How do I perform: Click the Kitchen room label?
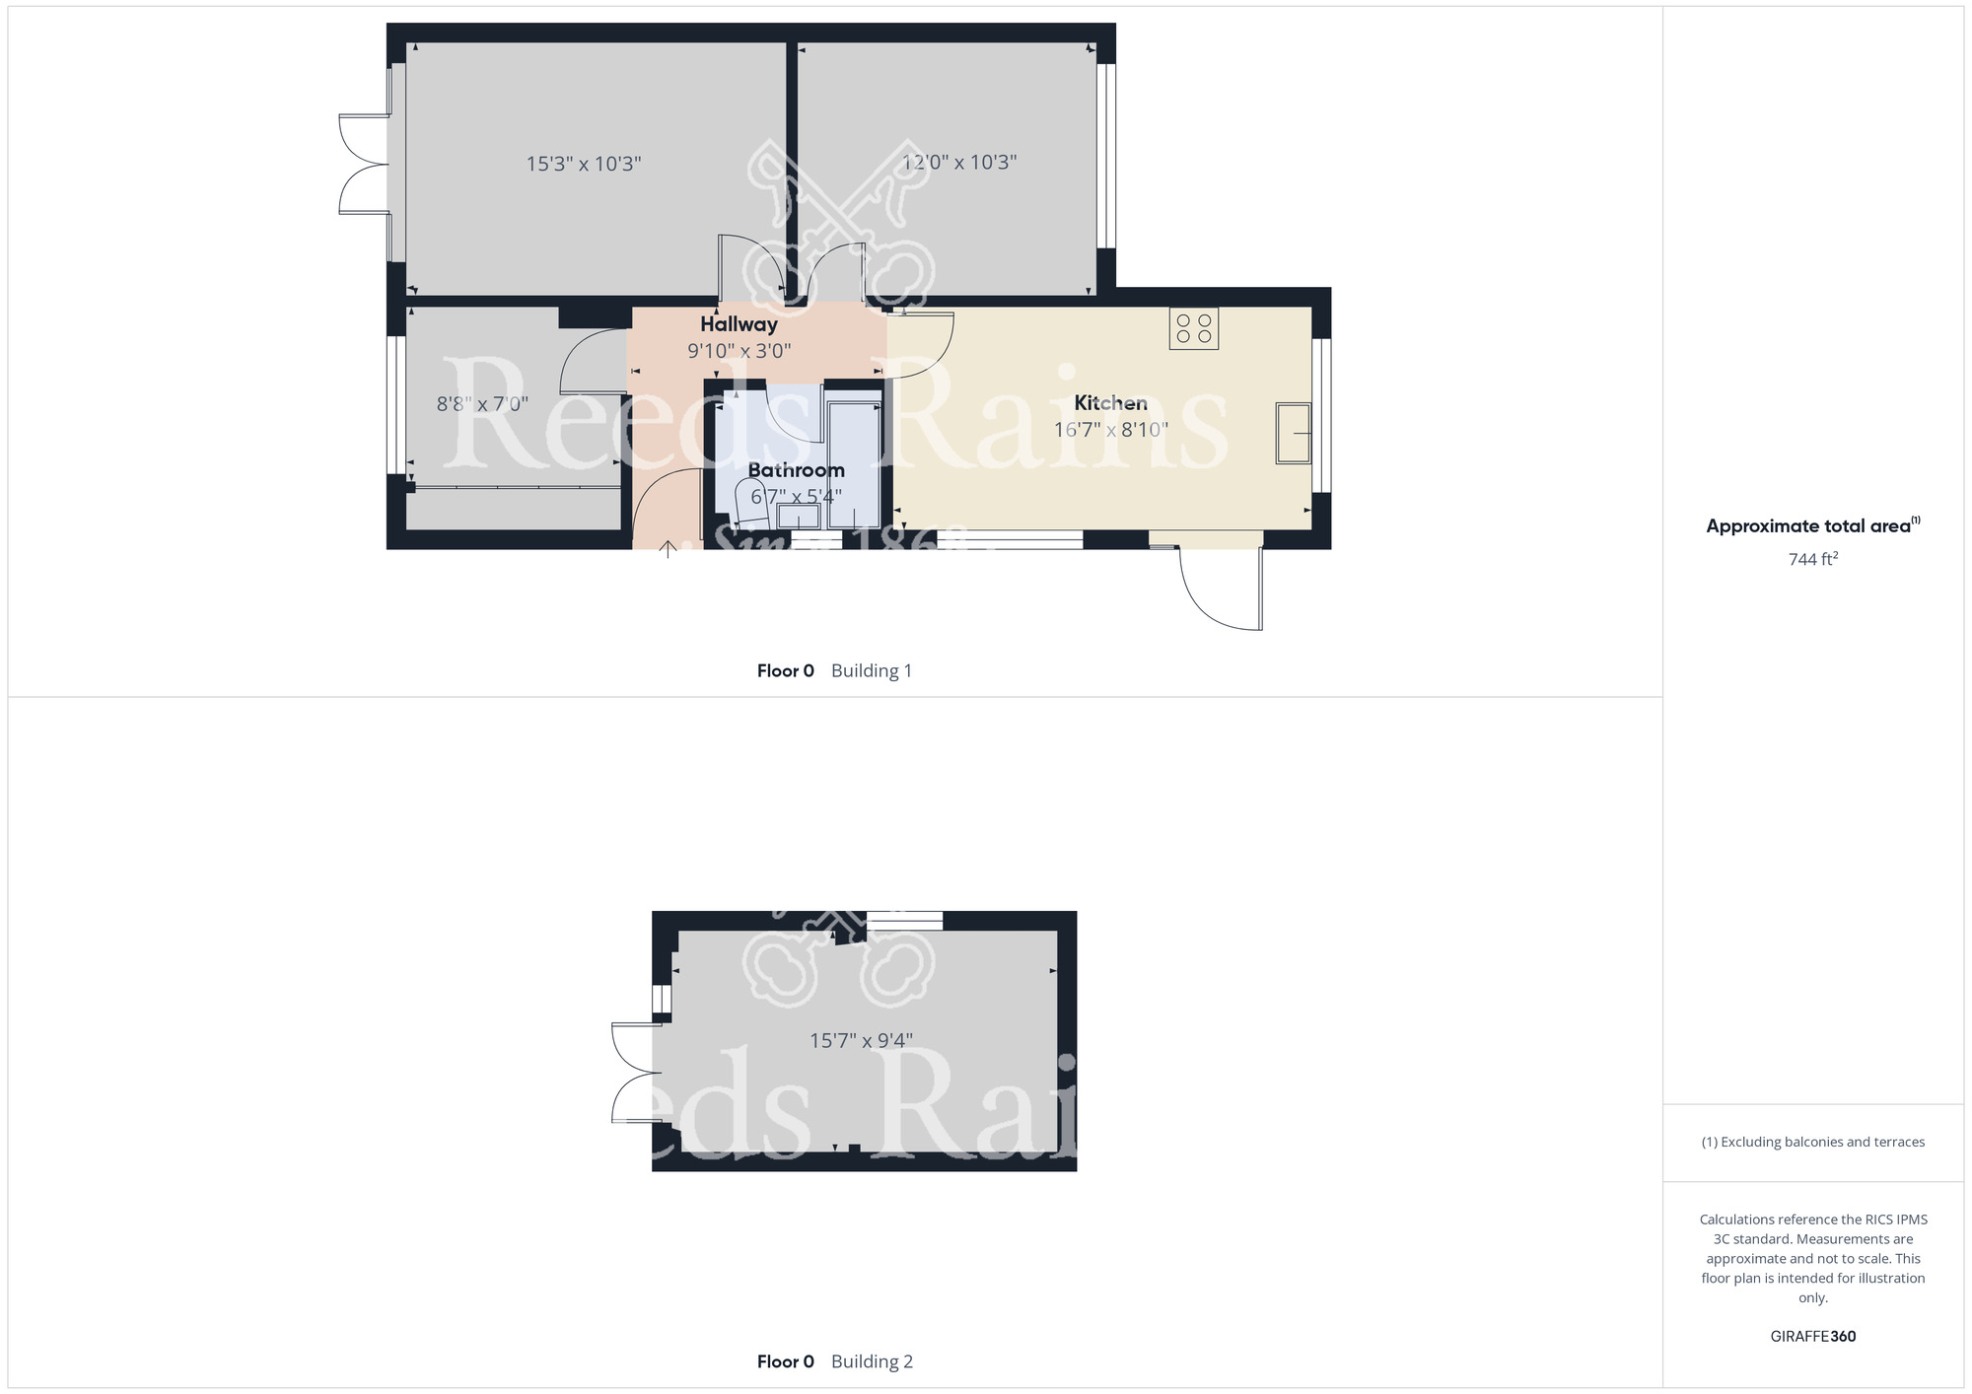(x=1110, y=402)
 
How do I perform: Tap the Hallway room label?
(x=739, y=324)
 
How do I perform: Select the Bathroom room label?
(x=796, y=470)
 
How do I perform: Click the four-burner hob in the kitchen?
(x=1193, y=328)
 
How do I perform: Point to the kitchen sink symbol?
(x=1293, y=433)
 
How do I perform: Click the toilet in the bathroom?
(x=752, y=503)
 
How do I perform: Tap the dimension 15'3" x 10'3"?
(x=584, y=164)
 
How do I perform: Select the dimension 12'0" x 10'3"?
(x=958, y=163)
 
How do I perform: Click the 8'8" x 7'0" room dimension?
(x=482, y=404)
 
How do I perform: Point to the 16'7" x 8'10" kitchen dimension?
(x=1110, y=430)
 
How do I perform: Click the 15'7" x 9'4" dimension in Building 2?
(x=861, y=1040)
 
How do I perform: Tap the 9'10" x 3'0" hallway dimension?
(x=739, y=351)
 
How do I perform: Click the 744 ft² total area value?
(x=1812, y=559)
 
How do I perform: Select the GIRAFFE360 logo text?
(x=1812, y=1337)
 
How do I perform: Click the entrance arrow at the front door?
(x=668, y=548)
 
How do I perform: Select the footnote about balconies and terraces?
(x=1812, y=1142)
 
